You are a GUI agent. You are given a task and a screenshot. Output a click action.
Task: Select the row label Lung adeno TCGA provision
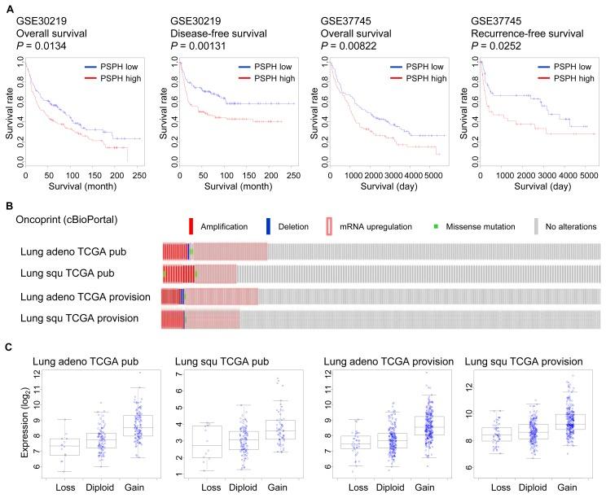[86, 296]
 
